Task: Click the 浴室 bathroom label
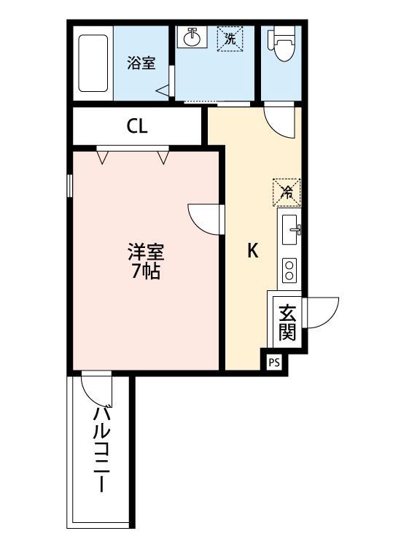pyautogui.click(x=141, y=63)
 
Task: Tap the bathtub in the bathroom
pyautogui.click(x=93, y=64)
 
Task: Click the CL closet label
pyautogui.click(x=137, y=126)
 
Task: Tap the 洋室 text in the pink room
pyautogui.click(x=146, y=253)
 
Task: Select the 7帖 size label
pyautogui.click(x=146, y=273)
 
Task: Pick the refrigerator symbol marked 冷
pyautogui.click(x=287, y=192)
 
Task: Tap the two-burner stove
pyautogui.click(x=289, y=269)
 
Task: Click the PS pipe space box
pyautogui.click(x=274, y=362)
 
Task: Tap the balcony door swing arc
pyautogui.click(x=97, y=390)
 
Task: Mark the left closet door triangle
pyautogui.click(x=103, y=155)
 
